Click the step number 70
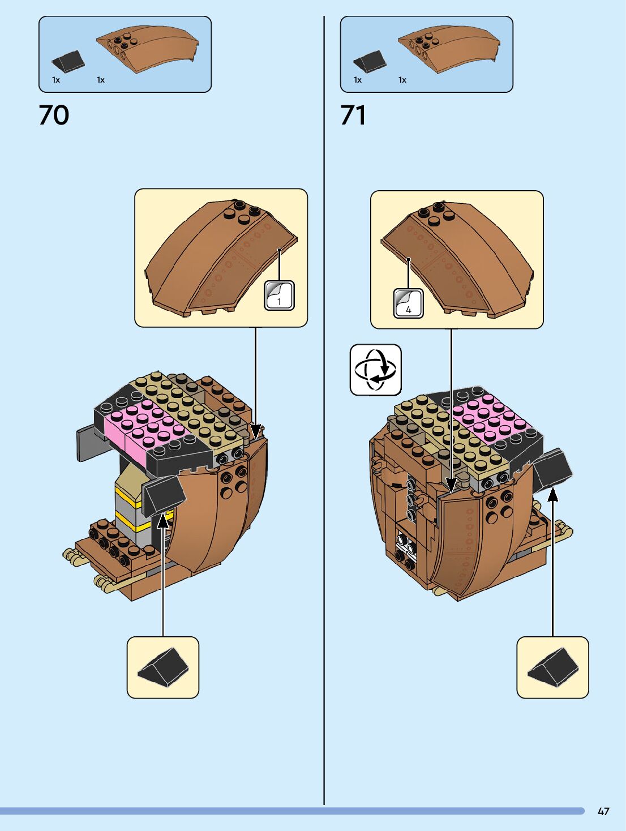54,115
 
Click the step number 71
353,115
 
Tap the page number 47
603,811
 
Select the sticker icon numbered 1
280,295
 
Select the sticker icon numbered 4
408,303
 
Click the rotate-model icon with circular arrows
375,370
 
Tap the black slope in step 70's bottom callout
163,667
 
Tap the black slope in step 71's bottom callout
553,667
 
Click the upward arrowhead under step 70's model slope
163,520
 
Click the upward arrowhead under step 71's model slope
553,494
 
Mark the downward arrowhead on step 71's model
451,484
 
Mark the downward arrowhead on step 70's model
256,431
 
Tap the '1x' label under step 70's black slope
56,80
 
